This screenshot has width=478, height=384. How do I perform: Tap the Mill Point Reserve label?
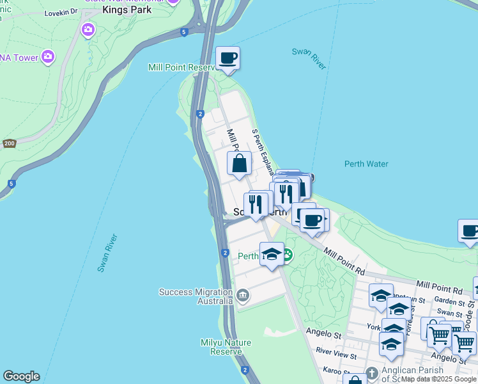tap(184, 67)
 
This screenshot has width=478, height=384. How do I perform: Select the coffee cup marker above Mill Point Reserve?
tap(228, 60)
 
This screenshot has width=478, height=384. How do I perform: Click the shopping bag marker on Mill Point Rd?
tap(240, 164)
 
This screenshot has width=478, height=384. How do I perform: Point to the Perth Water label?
tap(366, 164)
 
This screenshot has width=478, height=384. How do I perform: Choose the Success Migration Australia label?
tap(196, 296)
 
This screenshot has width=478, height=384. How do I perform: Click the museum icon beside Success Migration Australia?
tap(243, 295)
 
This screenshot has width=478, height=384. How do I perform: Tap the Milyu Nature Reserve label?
tap(221, 347)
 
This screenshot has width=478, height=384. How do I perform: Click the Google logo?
tap(21, 376)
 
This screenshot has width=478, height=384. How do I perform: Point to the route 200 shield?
tap(9, 143)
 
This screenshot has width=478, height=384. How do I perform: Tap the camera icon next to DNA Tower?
tap(47, 58)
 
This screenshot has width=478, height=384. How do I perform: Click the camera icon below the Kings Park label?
tap(88, 29)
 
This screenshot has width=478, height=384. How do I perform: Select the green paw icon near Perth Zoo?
tap(287, 256)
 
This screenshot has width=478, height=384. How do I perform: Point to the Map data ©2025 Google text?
tap(439, 379)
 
